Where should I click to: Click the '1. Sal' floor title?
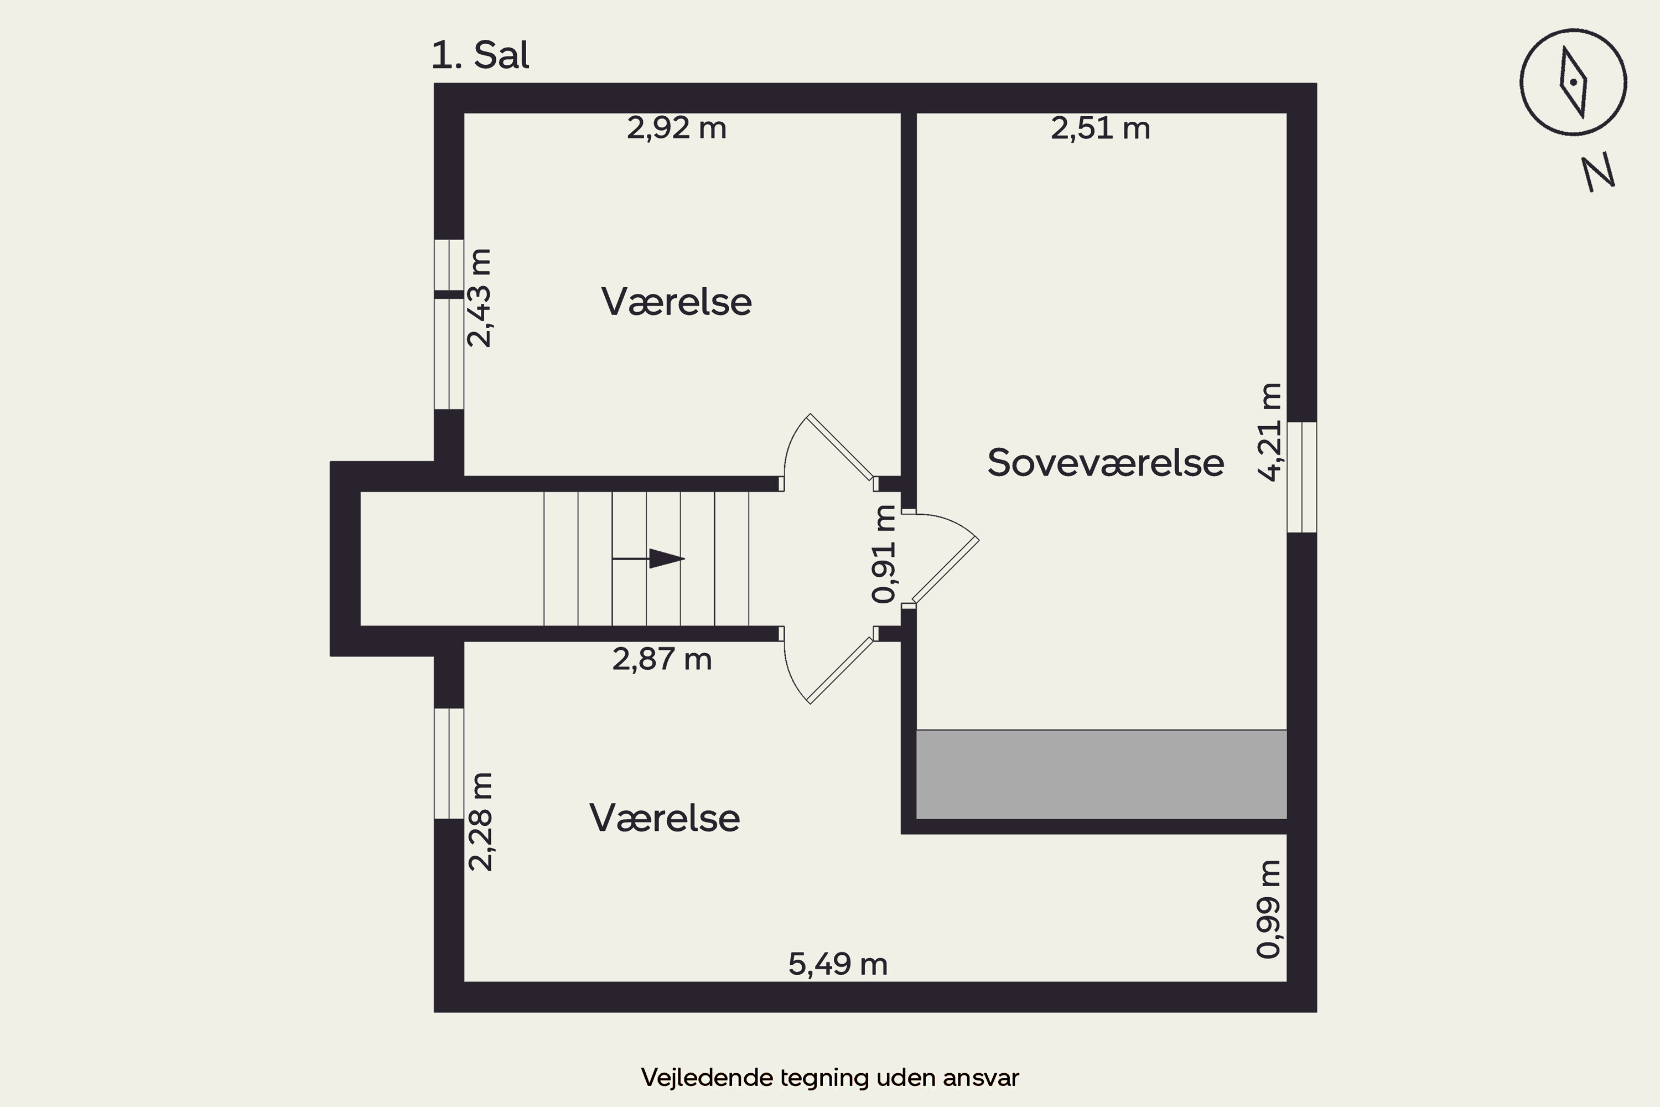tap(480, 55)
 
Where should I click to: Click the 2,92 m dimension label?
tap(676, 128)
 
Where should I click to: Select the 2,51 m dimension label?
tap(1101, 128)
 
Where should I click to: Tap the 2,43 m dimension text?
tap(480, 298)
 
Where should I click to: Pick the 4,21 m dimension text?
tap(1270, 432)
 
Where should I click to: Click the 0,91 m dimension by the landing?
tap(884, 554)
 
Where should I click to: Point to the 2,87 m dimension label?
tap(661, 659)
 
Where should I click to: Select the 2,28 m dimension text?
tap(481, 822)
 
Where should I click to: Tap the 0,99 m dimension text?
tap(1268, 909)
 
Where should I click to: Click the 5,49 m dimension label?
tap(838, 964)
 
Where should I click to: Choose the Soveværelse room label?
tap(1105, 463)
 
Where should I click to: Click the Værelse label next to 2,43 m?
tap(676, 302)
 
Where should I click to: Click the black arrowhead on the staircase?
tap(667, 558)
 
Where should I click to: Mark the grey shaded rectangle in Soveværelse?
tap(1101, 774)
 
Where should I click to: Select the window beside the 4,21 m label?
tap(1301, 477)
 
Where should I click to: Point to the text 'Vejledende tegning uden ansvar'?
tap(830, 1077)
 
